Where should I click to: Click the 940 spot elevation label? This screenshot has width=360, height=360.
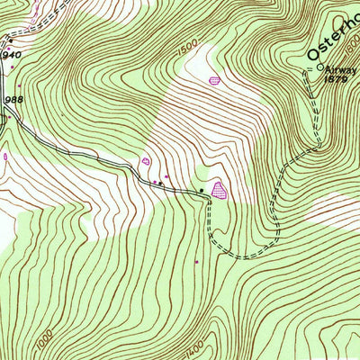[10, 54]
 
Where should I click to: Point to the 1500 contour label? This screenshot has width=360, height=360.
[186, 54]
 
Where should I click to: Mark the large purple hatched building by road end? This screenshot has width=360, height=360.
[219, 189]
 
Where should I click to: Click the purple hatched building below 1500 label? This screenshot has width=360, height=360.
[214, 81]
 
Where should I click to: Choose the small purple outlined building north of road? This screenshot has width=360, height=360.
[146, 161]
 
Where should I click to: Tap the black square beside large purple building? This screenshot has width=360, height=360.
[202, 191]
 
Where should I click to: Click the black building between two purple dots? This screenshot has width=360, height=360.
[158, 184]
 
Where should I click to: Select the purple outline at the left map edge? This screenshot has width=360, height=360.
[4, 156]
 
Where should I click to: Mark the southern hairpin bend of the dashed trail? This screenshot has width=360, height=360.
[238, 256]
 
